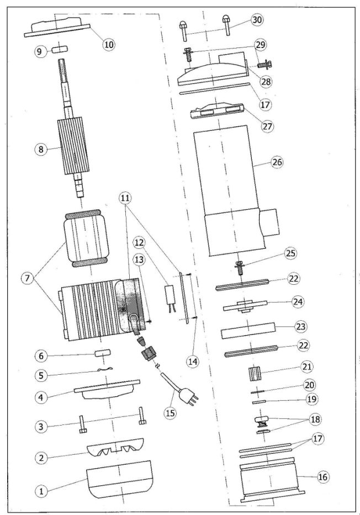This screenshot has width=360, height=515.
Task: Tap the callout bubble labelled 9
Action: point(40,51)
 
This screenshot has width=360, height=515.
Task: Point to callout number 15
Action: point(171,413)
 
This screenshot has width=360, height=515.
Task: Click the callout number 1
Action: point(40,490)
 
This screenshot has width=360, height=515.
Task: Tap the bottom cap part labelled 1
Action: point(119,477)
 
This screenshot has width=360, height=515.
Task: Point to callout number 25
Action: point(292,254)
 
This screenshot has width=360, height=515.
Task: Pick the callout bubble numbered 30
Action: point(257,19)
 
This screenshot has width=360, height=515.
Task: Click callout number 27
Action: point(269,125)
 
